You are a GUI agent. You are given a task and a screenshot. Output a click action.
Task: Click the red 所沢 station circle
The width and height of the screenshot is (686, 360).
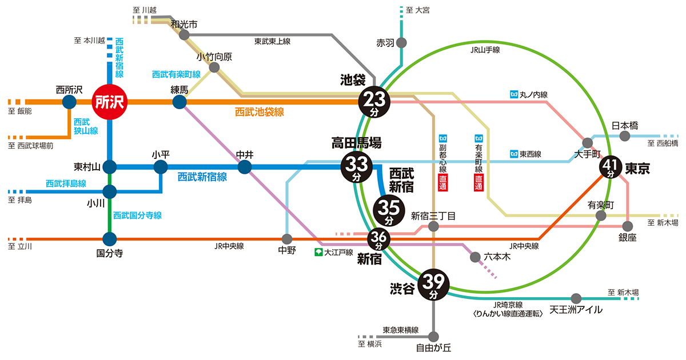tap(109, 103)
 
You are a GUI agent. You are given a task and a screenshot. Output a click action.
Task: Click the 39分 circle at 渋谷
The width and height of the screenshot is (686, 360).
tap(434, 284)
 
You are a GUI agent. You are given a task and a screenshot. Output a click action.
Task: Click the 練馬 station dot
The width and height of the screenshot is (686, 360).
tap(179, 102)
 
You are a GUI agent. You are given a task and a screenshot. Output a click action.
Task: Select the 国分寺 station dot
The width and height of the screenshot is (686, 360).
tap(109, 239)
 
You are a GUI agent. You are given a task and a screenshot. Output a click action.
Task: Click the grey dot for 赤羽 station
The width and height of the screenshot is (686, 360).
tap(402, 43)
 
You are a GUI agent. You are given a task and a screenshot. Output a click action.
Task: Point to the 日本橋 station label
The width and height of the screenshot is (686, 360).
tap(624, 125)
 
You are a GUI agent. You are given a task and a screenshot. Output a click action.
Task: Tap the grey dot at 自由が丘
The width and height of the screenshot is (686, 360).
tap(434, 336)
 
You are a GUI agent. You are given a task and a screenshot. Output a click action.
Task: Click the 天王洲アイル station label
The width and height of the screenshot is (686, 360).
tap(576, 310)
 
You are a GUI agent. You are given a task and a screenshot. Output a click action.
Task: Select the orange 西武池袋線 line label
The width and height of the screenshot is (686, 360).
tap(260, 112)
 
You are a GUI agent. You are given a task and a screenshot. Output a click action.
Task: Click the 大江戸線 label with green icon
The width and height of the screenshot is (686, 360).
tap(334, 252)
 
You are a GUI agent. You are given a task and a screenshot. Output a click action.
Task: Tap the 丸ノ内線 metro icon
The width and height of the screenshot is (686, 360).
tap(513, 94)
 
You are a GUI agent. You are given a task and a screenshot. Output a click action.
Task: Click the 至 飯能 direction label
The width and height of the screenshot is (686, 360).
tap(20, 111)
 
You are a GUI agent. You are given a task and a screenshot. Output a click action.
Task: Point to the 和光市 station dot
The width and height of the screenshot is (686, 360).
tap(184, 35)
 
